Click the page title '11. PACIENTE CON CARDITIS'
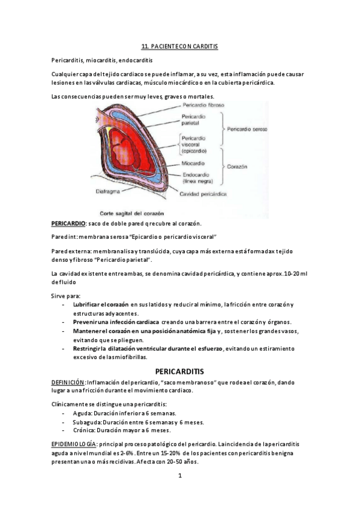[x=179, y=46]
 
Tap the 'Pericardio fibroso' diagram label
[x=203, y=104]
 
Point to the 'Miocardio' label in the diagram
[x=194, y=163]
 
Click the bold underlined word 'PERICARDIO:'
[x=68, y=223]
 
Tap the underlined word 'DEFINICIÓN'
[x=67, y=382]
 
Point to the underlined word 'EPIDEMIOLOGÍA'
[x=74, y=443]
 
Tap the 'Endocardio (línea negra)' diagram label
[x=198, y=178]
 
